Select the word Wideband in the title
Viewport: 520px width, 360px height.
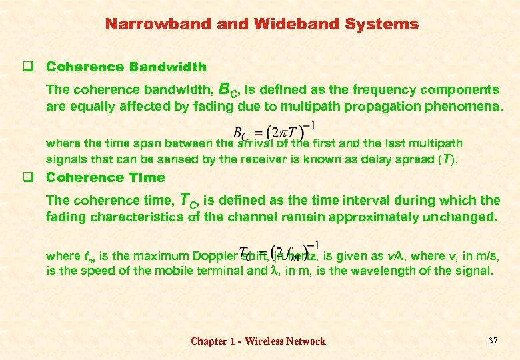coord(278,25)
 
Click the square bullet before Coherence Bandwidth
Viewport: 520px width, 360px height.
coord(28,67)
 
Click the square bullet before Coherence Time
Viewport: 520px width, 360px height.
coord(28,177)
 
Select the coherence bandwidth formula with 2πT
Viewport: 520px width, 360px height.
coord(273,131)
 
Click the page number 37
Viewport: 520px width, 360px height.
coord(493,341)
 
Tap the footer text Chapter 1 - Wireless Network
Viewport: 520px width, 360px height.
coord(258,341)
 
